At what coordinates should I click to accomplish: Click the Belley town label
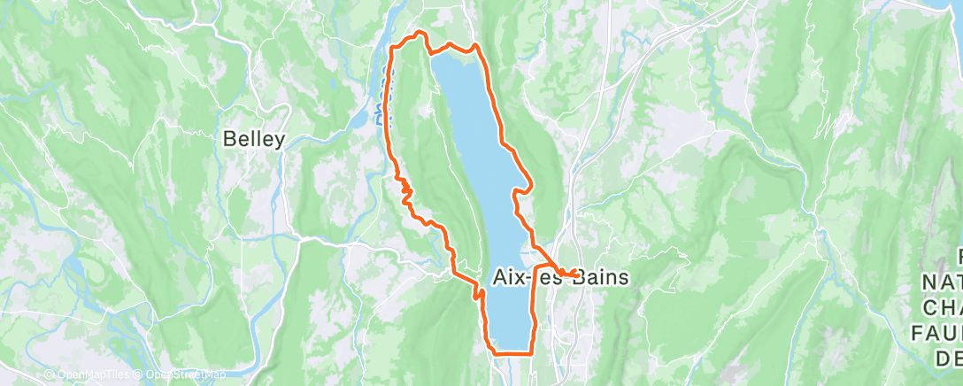pyautogui.click(x=254, y=139)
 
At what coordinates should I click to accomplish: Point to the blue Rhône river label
pyautogui.click(x=379, y=107)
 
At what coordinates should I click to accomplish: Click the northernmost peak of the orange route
pyautogui.click(x=420, y=34)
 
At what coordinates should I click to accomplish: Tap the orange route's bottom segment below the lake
pyautogui.click(x=512, y=353)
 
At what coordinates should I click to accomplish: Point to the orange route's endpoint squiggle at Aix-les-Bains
pyautogui.click(x=566, y=272)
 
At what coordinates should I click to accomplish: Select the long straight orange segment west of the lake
pyautogui.click(x=389, y=106)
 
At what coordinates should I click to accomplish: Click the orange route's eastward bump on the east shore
pyautogui.click(x=528, y=183)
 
